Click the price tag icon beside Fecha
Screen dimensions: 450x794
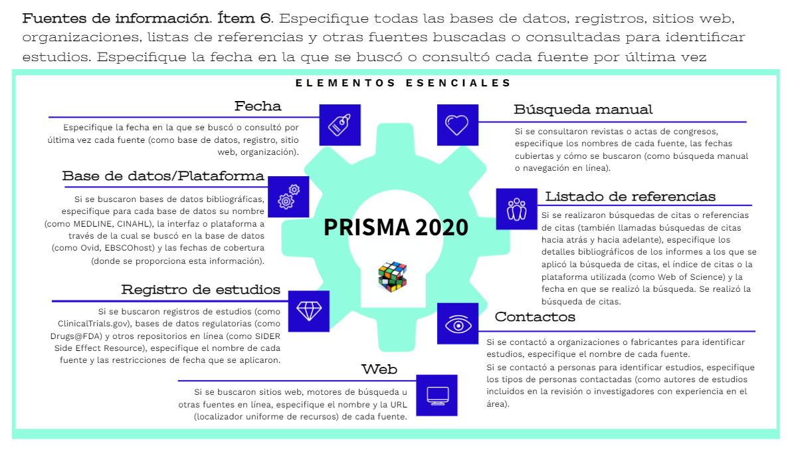(x=340, y=124)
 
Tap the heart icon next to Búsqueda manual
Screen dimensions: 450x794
(x=457, y=124)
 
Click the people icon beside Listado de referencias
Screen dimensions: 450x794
(x=516, y=208)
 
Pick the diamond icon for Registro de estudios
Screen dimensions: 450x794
(x=308, y=310)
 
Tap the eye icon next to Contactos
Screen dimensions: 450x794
(x=457, y=324)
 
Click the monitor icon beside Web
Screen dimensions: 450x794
(x=437, y=395)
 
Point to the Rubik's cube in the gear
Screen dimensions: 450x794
(x=392, y=275)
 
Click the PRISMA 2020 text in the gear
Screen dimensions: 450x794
(x=396, y=227)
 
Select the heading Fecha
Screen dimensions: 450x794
(x=258, y=106)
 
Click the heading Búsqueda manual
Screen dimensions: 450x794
(x=583, y=110)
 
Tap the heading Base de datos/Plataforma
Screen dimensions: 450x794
(x=163, y=176)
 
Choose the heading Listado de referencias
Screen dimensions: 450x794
(x=631, y=197)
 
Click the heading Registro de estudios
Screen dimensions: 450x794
(x=201, y=290)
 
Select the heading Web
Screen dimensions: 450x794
(x=379, y=369)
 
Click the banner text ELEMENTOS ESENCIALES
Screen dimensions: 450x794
(x=403, y=83)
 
